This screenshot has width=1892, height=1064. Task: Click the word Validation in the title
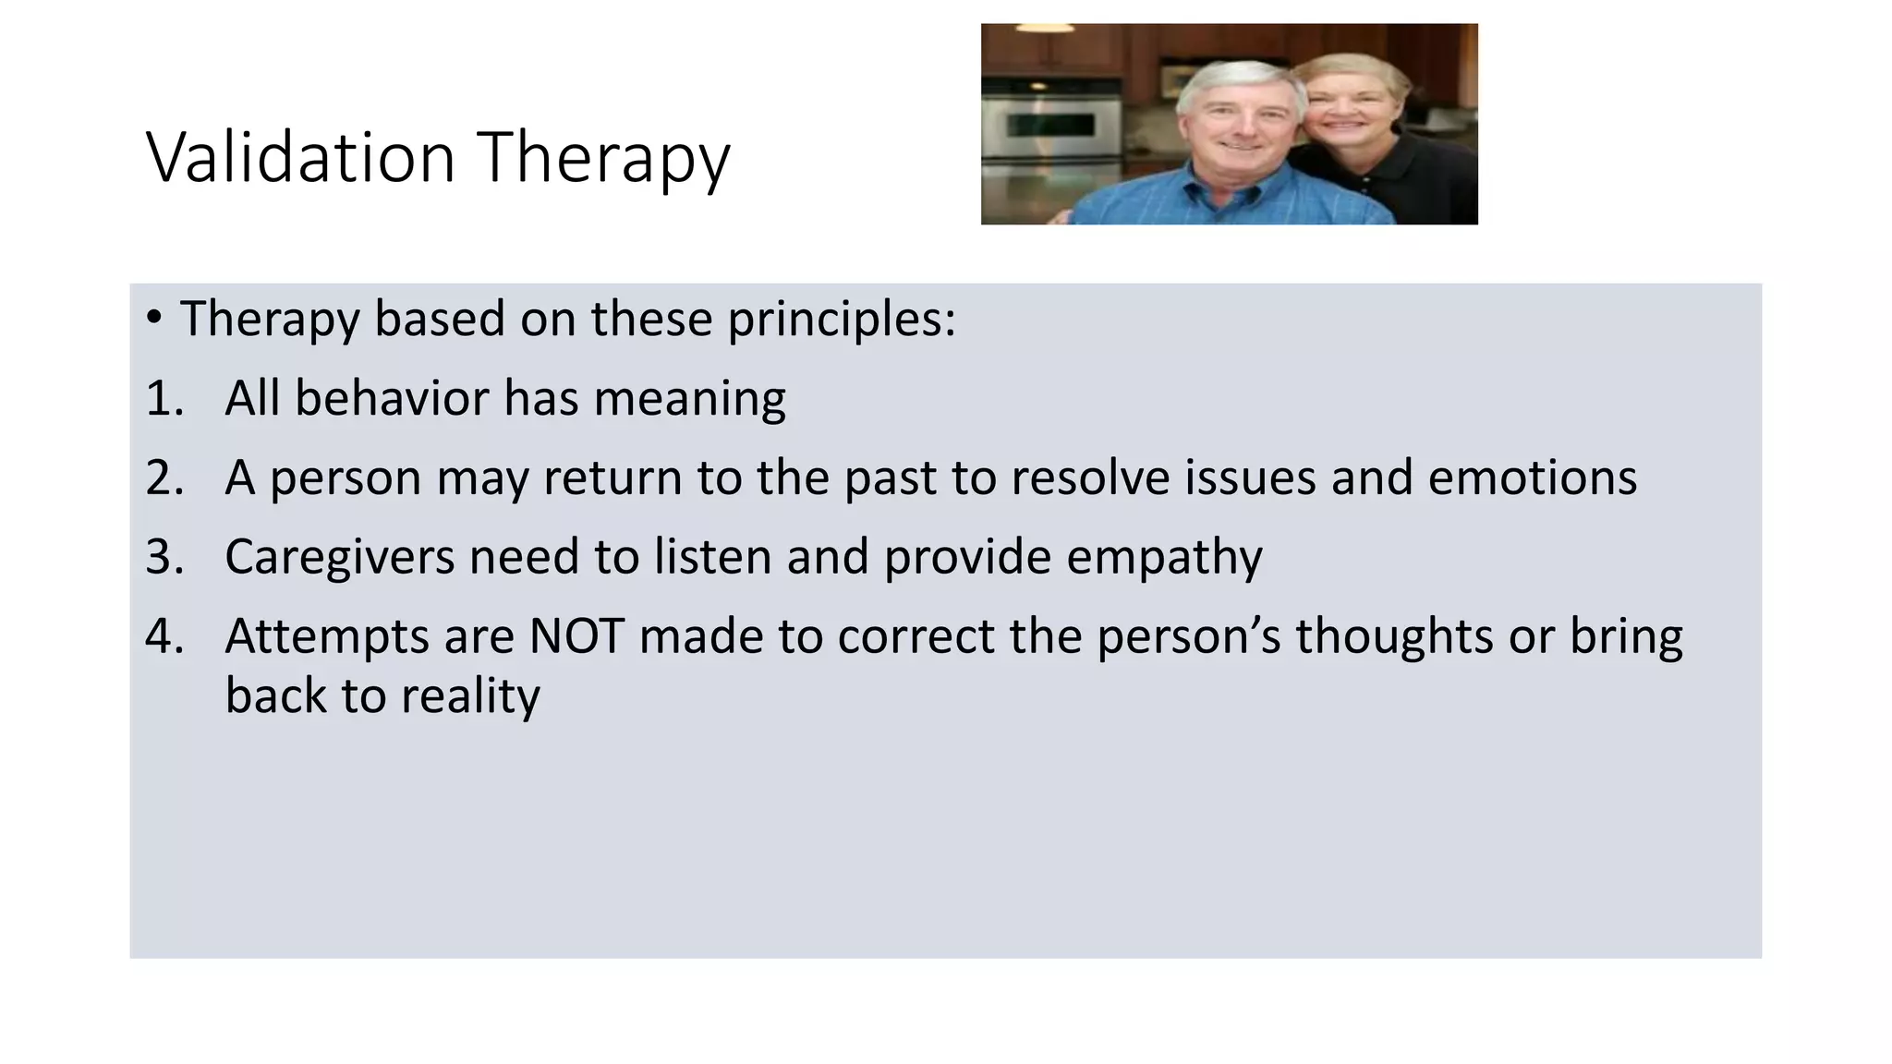[300, 158]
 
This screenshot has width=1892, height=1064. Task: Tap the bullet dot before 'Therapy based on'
[153, 318]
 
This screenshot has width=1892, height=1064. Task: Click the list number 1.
[164, 399]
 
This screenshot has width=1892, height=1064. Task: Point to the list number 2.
[164, 478]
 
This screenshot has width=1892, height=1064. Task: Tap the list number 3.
[164, 558]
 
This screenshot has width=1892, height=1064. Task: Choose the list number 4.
[164, 637]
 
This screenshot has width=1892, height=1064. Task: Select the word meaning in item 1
[689, 399]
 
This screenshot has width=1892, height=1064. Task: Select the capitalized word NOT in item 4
[576, 637]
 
